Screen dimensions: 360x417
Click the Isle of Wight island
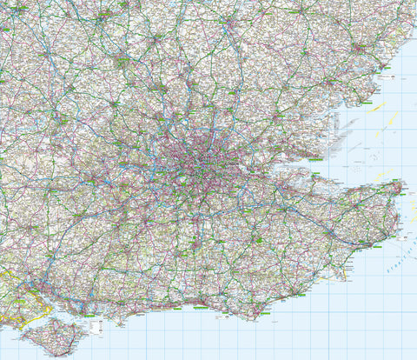[52, 334]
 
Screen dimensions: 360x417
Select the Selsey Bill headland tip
[118, 324]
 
